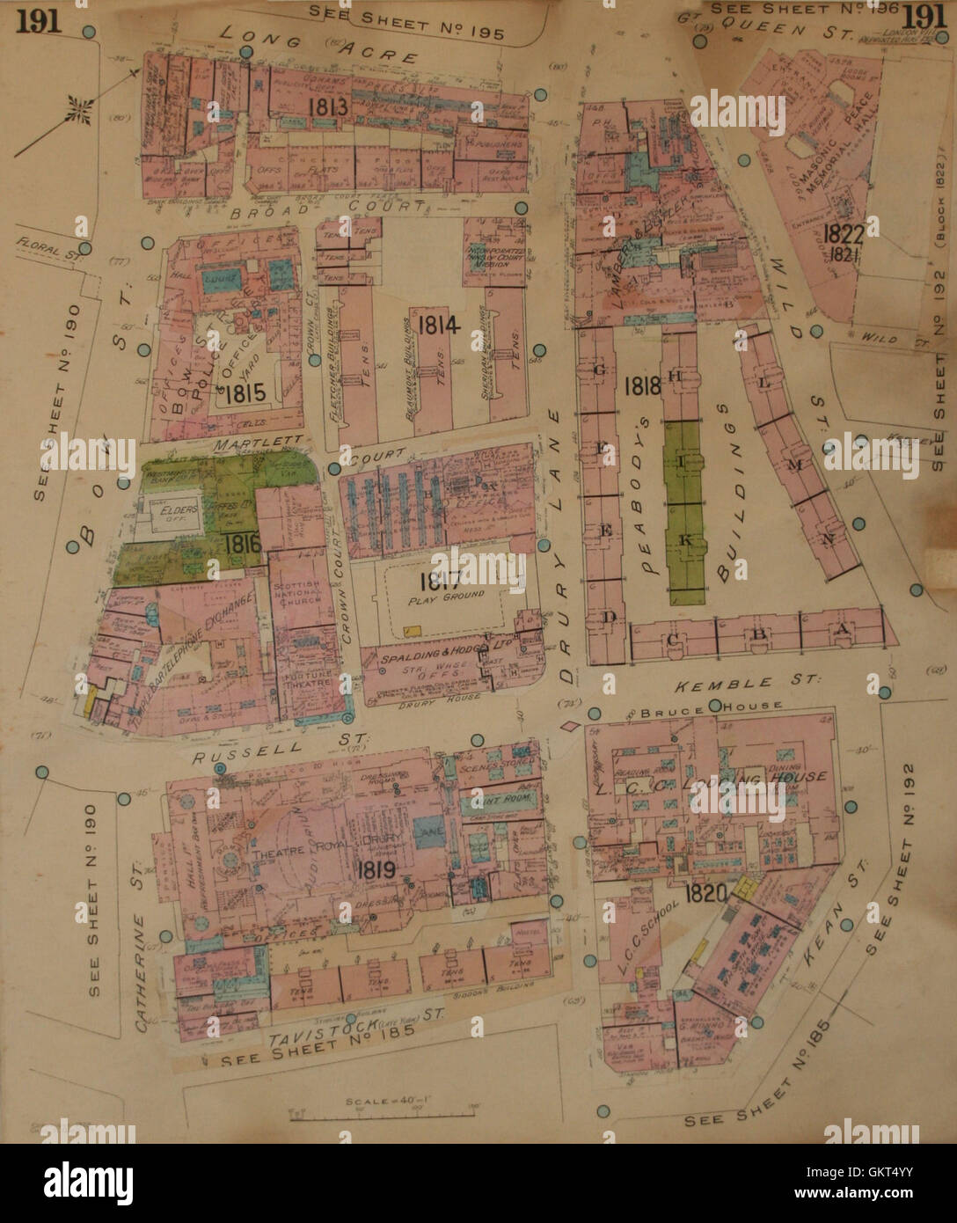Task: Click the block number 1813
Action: [328, 106]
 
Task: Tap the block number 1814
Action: [439, 325]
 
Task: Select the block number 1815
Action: [244, 395]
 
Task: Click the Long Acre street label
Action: [318, 46]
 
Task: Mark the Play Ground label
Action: [446, 596]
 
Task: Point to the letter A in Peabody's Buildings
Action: [842, 631]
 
